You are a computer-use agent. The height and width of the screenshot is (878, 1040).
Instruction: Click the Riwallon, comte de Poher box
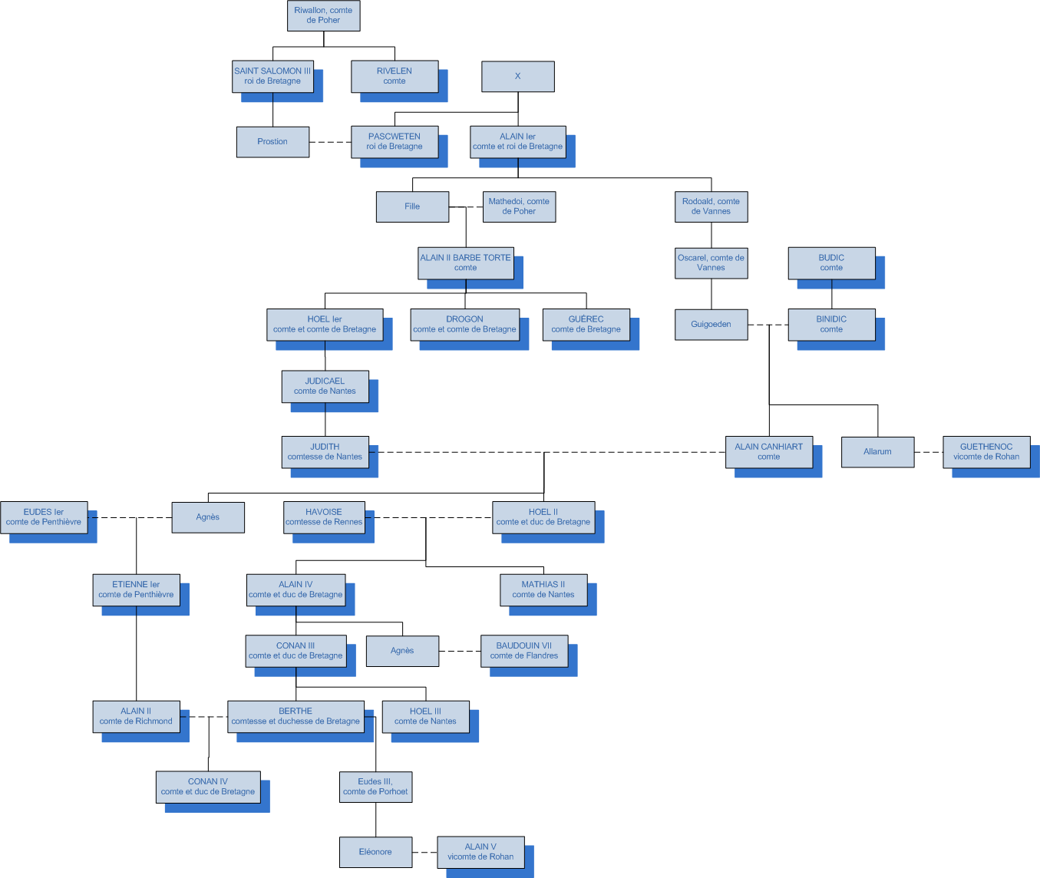click(x=323, y=15)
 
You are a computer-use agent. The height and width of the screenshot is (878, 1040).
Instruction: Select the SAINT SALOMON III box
click(x=272, y=76)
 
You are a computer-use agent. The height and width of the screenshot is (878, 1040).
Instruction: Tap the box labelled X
click(x=517, y=76)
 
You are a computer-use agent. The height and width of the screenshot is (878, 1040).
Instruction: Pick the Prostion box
click(x=272, y=142)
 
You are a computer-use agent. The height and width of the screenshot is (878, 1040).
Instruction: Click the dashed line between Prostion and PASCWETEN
click(x=330, y=142)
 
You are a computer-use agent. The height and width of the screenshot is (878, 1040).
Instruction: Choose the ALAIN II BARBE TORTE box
click(x=465, y=262)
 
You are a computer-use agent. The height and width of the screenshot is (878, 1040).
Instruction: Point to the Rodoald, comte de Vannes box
click(x=711, y=206)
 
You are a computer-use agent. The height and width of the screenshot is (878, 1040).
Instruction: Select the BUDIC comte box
click(x=831, y=262)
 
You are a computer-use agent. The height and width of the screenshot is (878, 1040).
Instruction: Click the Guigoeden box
click(x=711, y=324)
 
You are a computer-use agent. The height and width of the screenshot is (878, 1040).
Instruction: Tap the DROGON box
click(x=464, y=324)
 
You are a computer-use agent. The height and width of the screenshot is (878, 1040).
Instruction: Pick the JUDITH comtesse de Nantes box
click(x=325, y=451)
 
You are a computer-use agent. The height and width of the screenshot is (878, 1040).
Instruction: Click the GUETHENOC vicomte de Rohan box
click(x=986, y=451)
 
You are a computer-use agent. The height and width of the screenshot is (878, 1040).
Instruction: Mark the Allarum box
click(x=877, y=451)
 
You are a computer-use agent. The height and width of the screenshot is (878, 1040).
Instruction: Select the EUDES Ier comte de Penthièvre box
click(x=44, y=517)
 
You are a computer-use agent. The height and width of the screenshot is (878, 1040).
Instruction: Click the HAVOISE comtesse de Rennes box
click(x=324, y=517)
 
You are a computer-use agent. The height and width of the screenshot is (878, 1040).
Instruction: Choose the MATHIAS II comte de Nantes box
click(x=543, y=589)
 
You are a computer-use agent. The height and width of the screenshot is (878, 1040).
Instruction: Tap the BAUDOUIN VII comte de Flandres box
click(x=524, y=651)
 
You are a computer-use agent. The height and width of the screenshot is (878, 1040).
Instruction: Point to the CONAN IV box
click(x=208, y=787)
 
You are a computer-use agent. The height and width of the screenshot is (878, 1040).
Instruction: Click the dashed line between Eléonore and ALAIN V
click(x=424, y=852)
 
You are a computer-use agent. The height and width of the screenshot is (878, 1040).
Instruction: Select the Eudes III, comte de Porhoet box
click(x=375, y=787)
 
